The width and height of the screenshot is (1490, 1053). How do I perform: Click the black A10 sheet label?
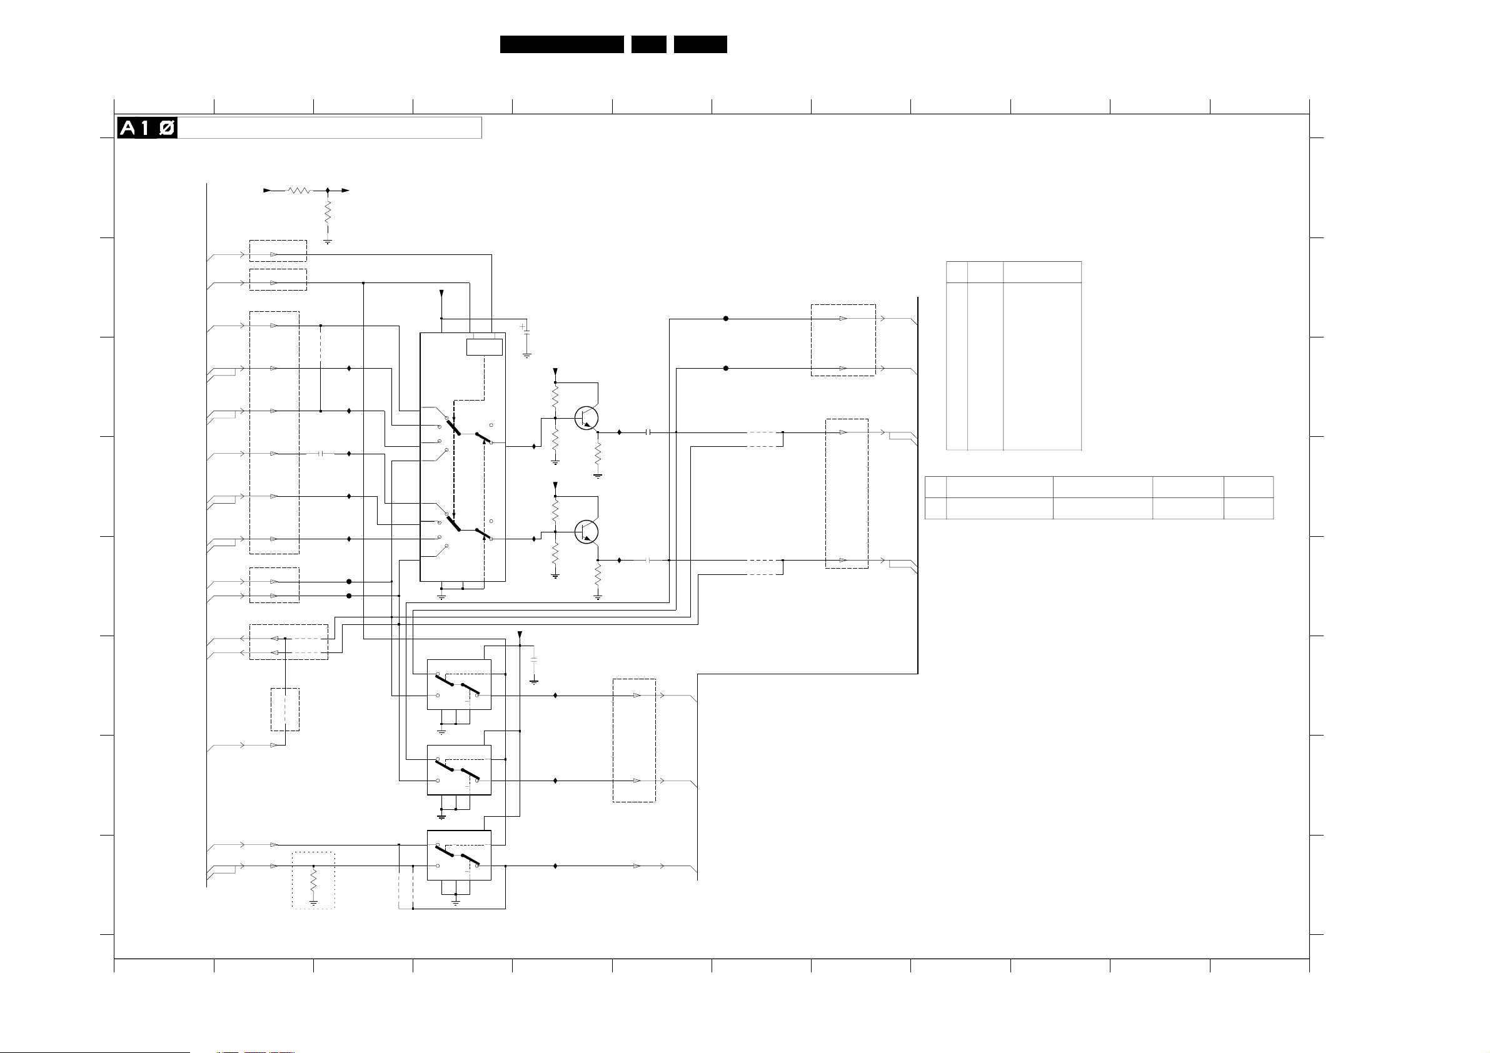[147, 128]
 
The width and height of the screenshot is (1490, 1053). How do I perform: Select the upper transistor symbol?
[586, 418]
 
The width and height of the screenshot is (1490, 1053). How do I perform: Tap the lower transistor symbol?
[586, 531]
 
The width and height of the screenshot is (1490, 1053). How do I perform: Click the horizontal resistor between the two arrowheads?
[299, 191]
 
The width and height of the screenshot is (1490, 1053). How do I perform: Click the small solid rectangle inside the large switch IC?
[484, 347]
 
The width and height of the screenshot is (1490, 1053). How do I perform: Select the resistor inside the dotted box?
[313, 881]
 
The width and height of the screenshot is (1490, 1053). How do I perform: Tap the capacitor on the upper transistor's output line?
[648, 432]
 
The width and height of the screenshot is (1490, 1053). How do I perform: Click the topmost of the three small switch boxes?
[459, 684]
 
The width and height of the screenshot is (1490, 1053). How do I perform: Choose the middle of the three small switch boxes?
[459, 770]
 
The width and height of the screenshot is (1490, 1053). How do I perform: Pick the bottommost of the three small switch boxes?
[459, 855]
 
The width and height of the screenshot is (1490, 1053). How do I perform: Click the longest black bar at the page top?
[561, 44]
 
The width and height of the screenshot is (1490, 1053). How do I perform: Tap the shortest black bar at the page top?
[648, 44]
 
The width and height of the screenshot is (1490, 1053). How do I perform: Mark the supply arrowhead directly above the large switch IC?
[441, 294]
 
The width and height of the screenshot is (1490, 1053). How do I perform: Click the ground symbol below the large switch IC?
[441, 596]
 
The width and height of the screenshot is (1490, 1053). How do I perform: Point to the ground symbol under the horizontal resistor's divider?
[328, 241]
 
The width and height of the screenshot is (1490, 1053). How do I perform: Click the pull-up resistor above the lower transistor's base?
[555, 509]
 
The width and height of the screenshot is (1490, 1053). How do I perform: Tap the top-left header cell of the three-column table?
[957, 272]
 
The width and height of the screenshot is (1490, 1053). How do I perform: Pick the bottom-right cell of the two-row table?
[1248, 508]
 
